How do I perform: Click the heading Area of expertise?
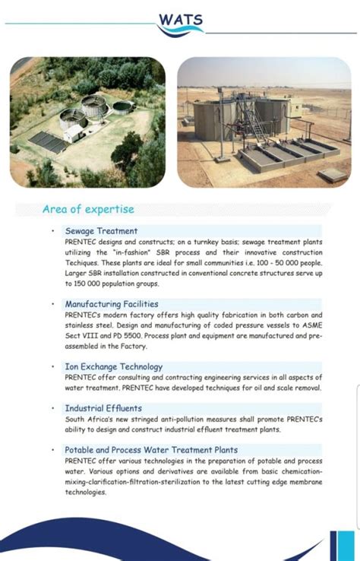click(88, 209)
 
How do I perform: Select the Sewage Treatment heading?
click(101, 231)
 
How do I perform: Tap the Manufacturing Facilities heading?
click(111, 304)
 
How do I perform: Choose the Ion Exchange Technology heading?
click(114, 366)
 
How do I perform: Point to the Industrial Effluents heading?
click(103, 408)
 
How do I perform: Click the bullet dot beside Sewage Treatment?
click(52, 231)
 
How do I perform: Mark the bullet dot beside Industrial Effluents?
click(52, 408)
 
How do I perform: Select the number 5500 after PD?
click(133, 335)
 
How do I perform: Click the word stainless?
click(82, 325)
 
